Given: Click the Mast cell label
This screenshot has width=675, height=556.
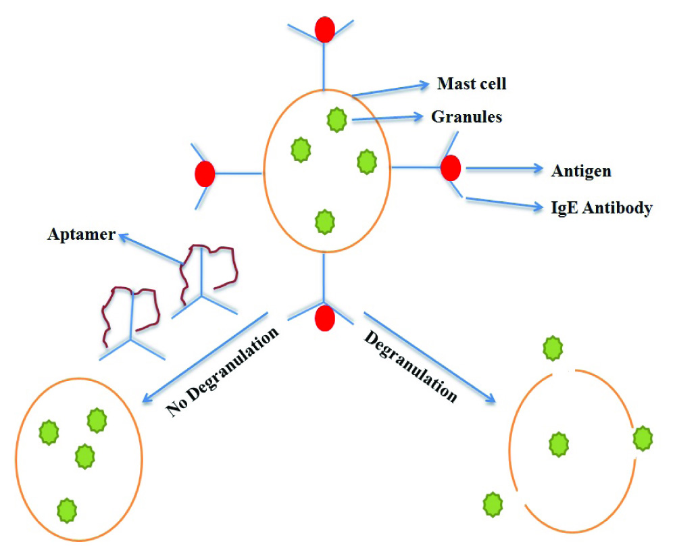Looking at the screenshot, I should (x=472, y=84).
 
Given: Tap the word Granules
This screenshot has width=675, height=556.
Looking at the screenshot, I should (x=466, y=117).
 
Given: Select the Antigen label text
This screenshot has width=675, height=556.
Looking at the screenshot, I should (x=581, y=171).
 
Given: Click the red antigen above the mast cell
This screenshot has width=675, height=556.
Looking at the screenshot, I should (x=325, y=29).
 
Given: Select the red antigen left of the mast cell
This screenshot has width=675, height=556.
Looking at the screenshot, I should (x=205, y=174).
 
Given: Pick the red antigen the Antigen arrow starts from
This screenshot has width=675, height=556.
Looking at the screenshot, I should (x=451, y=168).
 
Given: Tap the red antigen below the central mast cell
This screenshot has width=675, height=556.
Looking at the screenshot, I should (x=325, y=318).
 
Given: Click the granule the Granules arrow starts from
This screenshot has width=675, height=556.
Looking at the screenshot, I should (x=336, y=120).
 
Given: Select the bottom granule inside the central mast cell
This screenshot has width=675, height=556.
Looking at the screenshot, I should (x=326, y=220).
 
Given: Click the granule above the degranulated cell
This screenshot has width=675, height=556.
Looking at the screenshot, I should (x=553, y=349).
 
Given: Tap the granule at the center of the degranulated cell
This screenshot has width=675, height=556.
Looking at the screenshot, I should (x=558, y=445).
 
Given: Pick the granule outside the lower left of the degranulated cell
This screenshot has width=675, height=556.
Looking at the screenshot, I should (x=493, y=503).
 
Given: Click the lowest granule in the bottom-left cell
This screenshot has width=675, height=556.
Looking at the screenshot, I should (x=66, y=508).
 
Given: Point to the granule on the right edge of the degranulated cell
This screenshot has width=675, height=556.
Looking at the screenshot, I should (x=643, y=439).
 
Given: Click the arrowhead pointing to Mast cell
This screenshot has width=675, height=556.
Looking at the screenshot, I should (x=425, y=85).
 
